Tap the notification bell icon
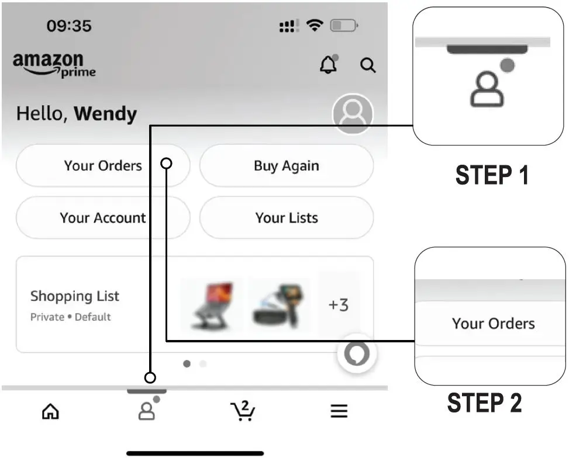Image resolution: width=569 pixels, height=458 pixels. point(329,64)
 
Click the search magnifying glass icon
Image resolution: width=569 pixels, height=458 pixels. point(368,65)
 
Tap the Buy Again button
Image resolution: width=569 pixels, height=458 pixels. point(287,166)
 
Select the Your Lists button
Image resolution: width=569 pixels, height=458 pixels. point(287,218)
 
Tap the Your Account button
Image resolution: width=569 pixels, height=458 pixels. point(103,218)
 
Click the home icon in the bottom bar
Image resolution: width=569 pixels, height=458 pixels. point(50,411)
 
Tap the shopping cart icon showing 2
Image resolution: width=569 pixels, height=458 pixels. point(243,411)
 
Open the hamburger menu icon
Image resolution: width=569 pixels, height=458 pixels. point(339,411)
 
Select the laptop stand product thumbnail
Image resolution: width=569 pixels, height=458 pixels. point(212,304)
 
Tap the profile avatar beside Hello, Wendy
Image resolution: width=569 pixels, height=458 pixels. point(353,113)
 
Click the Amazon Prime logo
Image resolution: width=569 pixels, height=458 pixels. point(54,64)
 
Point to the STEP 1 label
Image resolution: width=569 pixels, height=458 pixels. point(492,175)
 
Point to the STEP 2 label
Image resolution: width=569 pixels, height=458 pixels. point(484,403)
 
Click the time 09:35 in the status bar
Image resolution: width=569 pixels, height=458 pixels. point(69,26)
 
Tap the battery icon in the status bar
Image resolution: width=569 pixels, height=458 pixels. point(344,25)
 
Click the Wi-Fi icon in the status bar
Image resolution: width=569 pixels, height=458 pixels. point(315,25)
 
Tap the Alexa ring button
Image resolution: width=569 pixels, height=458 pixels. point(357,353)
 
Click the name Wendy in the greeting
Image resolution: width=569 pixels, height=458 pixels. point(106,113)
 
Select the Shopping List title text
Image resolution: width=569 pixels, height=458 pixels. point(75,296)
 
